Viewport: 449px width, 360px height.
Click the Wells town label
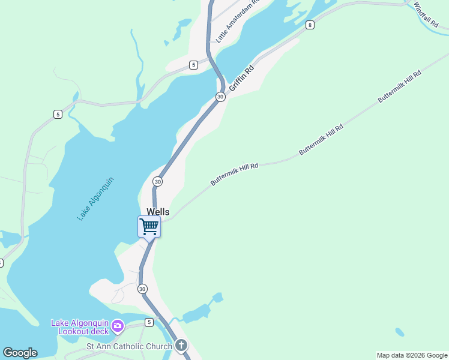click(158, 212)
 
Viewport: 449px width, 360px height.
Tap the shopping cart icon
click(149, 227)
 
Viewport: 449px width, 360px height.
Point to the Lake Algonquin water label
click(95, 199)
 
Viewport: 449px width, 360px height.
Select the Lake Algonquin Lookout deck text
click(80, 326)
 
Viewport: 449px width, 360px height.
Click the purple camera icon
click(117, 326)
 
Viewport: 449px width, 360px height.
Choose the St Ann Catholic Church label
click(129, 346)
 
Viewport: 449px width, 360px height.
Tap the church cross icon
click(181, 346)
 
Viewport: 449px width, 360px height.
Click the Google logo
click(20, 353)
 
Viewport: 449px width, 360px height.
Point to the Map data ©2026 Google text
click(412, 355)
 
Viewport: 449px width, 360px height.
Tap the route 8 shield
click(309, 25)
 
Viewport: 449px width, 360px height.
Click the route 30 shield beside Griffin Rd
click(220, 97)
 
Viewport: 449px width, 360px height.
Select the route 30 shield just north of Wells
click(157, 181)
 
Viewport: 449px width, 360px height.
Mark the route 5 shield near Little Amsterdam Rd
click(193, 65)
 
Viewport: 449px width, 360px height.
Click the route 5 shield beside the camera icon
click(148, 323)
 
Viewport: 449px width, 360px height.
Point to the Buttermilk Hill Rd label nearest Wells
click(234, 174)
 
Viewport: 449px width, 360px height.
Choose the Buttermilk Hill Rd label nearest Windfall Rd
click(399, 87)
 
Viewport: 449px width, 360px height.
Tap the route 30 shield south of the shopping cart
click(142, 289)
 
